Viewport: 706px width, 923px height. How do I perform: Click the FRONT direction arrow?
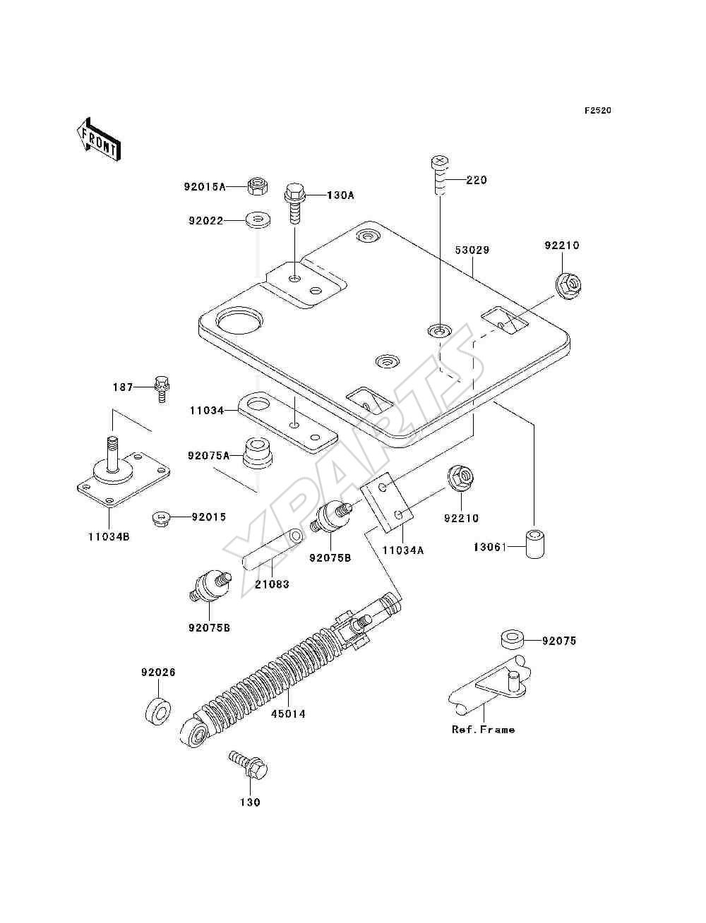tap(98, 138)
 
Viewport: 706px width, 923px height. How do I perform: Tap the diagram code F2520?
tap(597, 111)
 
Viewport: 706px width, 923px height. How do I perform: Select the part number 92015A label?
tap(205, 186)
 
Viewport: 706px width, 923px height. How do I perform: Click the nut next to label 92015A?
tap(258, 186)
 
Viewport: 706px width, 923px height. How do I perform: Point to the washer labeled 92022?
tap(258, 220)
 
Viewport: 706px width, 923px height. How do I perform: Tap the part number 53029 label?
tap(472, 251)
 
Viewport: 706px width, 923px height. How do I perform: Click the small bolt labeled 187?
tap(162, 389)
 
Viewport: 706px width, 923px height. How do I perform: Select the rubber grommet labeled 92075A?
tap(258, 453)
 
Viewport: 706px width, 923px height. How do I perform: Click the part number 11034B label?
tap(109, 537)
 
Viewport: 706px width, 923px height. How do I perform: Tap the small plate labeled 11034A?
tap(386, 503)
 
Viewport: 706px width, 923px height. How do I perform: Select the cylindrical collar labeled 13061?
tap(536, 545)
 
